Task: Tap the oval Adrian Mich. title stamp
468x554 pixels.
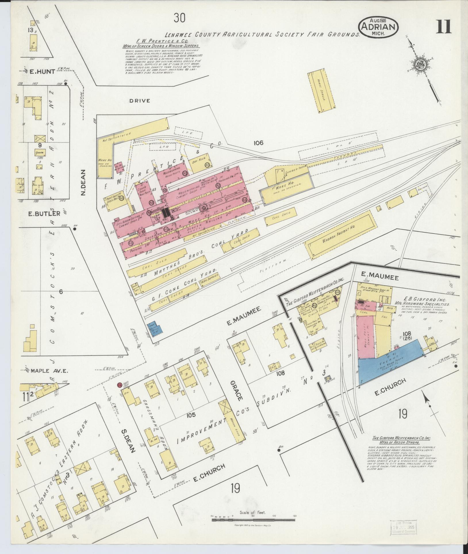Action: pos(378,26)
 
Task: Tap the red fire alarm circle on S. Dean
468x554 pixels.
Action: pos(119,385)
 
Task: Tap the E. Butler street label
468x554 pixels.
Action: pos(44,213)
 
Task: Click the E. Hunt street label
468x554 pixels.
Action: pos(42,72)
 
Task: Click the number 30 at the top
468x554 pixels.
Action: pos(179,18)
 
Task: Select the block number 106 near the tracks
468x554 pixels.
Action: pos(258,143)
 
